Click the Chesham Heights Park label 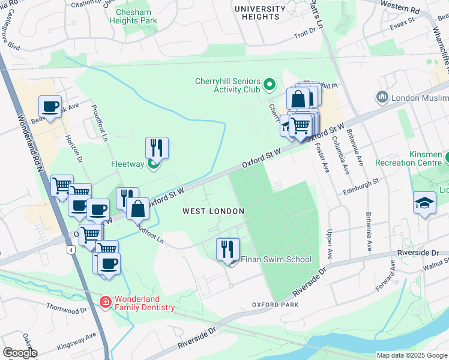tap(133, 15)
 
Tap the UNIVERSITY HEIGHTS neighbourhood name tap(260, 13)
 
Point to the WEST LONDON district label tap(213, 211)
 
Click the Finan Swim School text tap(276, 259)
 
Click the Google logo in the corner tap(20, 352)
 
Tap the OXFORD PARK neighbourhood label tap(275, 305)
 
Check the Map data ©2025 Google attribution tap(412, 355)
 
